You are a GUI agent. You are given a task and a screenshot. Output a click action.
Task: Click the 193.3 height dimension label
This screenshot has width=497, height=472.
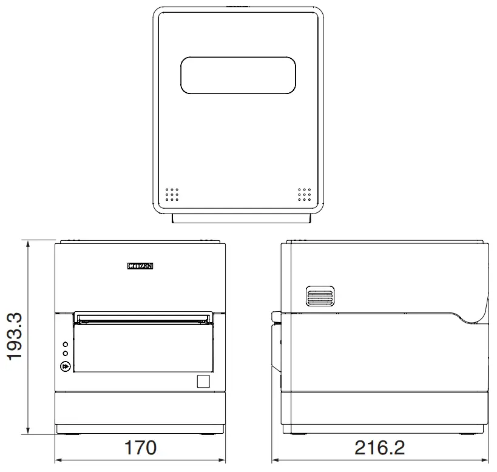(15, 337)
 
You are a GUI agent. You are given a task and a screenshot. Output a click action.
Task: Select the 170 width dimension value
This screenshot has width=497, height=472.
(140, 448)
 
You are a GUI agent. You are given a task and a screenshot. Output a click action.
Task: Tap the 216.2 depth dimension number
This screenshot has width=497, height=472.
(380, 448)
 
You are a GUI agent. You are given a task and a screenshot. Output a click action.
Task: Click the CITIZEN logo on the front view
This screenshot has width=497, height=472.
(140, 266)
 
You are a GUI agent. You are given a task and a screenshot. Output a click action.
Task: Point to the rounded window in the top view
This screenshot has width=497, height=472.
(238, 76)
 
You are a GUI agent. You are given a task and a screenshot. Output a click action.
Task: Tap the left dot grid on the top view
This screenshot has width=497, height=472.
(172, 194)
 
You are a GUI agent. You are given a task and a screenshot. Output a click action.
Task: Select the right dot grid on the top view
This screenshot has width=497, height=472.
(304, 194)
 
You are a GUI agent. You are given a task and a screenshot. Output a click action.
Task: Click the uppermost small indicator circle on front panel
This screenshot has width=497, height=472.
(66, 344)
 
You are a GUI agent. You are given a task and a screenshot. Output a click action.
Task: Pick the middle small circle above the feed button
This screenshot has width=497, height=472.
(66, 354)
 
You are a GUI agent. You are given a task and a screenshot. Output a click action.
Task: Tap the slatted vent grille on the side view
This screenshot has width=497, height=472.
(320, 297)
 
